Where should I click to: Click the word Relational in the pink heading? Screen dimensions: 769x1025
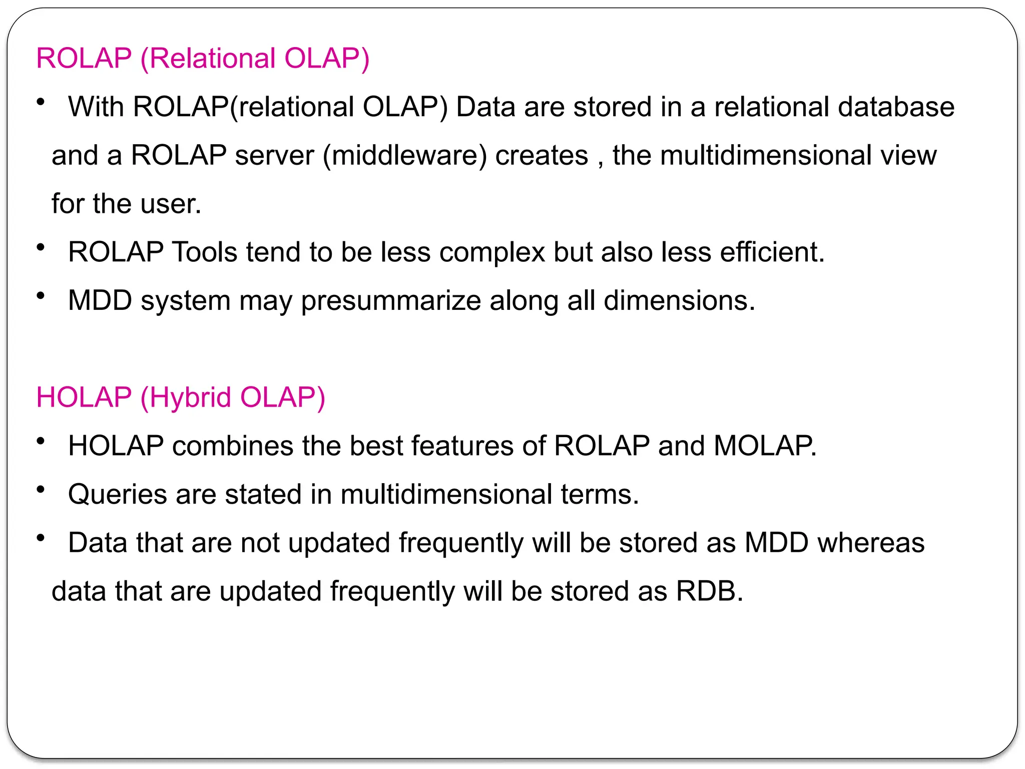[x=212, y=58]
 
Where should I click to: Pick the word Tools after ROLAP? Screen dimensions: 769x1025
[x=204, y=252]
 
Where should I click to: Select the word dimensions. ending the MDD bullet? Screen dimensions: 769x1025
[x=679, y=301]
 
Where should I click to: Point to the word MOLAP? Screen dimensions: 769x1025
[x=764, y=446]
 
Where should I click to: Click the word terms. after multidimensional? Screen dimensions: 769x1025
[x=600, y=494]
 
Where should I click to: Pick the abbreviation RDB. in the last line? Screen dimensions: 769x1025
[x=709, y=591]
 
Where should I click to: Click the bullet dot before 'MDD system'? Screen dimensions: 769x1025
[x=41, y=295]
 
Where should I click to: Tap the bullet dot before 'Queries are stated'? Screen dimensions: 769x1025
[x=41, y=489]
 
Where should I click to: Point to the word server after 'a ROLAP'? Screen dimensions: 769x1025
[x=275, y=155]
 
